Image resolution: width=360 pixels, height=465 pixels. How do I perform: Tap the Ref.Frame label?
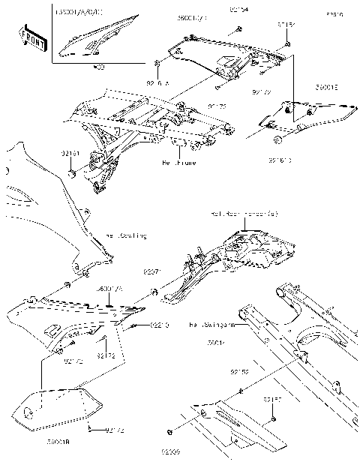pyautogui.click(x=178, y=162)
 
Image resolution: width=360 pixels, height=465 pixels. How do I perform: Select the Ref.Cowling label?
pyautogui.click(x=126, y=235)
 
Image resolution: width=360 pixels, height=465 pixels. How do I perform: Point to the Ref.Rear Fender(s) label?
pyautogui.click(x=244, y=215)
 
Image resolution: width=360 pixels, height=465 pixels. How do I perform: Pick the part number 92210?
pyautogui.click(x=160, y=325)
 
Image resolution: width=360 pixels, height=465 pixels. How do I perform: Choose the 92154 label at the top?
pyautogui.click(x=239, y=10)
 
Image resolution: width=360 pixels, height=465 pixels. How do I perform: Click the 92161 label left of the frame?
pyautogui.click(x=71, y=152)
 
